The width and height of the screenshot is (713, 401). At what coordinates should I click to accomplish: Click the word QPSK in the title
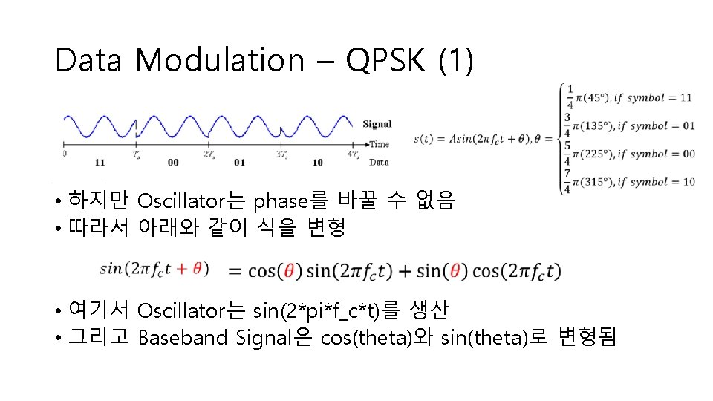[387, 61]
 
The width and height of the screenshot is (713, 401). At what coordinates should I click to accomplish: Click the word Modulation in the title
[220, 61]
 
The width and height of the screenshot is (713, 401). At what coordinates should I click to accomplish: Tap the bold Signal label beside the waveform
[377, 124]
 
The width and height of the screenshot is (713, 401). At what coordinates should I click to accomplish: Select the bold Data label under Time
[379, 161]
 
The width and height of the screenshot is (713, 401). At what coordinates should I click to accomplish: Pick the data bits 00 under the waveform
[173, 162]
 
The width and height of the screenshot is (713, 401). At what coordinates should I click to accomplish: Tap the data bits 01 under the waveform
[238, 162]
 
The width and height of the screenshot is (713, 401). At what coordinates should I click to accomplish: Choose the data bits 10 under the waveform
[317, 162]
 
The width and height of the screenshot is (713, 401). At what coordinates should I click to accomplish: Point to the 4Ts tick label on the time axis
[355, 154]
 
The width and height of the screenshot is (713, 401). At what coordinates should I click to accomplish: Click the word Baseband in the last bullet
[183, 339]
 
